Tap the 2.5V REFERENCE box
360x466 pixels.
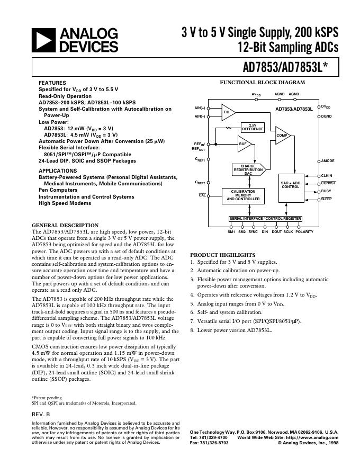pyautogui.click(x=253, y=127)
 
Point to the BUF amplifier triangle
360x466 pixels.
pyautogui.click(x=244, y=144)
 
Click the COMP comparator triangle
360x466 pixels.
pyautogui.click(x=282, y=136)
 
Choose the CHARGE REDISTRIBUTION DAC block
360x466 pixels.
pyautogui.click(x=248, y=169)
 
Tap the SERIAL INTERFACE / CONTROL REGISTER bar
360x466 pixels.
pyautogui.click(x=265, y=219)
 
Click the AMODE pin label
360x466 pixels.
pyautogui.click(x=328, y=161)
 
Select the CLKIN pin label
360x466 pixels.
pyautogui.click(x=327, y=175)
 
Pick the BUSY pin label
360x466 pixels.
pyautogui.click(x=326, y=191)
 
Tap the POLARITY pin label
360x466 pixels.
pyautogui.click(x=304, y=232)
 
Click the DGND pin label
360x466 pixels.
pyautogui.click(x=326, y=116)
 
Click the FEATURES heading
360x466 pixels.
pyautogui.click(x=52, y=83)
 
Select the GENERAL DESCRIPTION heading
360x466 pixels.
pyautogui.click(x=65, y=226)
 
